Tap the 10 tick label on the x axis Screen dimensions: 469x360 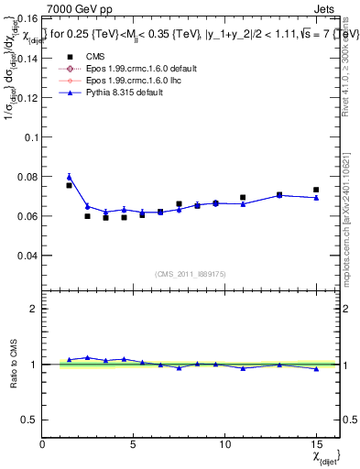[224, 444]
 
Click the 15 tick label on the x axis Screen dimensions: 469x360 [316, 444]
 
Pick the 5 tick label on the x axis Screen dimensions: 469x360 [134, 444]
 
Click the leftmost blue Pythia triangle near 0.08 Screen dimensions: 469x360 [69, 176]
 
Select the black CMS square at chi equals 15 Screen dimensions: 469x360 [316, 190]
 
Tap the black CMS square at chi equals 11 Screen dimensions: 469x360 [243, 197]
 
